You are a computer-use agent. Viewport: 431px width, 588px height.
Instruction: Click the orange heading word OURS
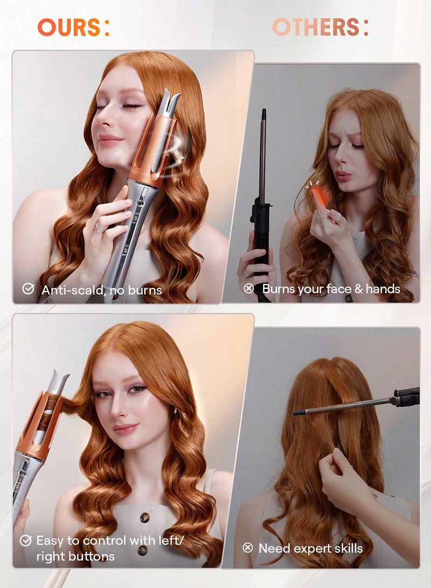coord(68,27)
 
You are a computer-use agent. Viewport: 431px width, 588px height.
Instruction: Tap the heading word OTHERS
coord(315,27)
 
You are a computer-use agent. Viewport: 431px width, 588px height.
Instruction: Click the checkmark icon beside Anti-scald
coord(28,289)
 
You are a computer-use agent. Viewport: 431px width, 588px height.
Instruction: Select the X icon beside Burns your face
coord(248,289)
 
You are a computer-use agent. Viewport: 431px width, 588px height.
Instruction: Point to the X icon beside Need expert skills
coord(248,548)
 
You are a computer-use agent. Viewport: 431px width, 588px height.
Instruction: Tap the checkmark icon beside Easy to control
coord(25,541)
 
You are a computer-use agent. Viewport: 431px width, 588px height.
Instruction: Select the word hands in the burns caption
coord(383,289)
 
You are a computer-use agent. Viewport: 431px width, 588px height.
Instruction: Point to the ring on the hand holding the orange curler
coord(100,229)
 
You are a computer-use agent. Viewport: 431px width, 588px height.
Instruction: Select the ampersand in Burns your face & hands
coord(357,289)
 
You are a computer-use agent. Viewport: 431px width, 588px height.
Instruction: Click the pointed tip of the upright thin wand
coord(263,112)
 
